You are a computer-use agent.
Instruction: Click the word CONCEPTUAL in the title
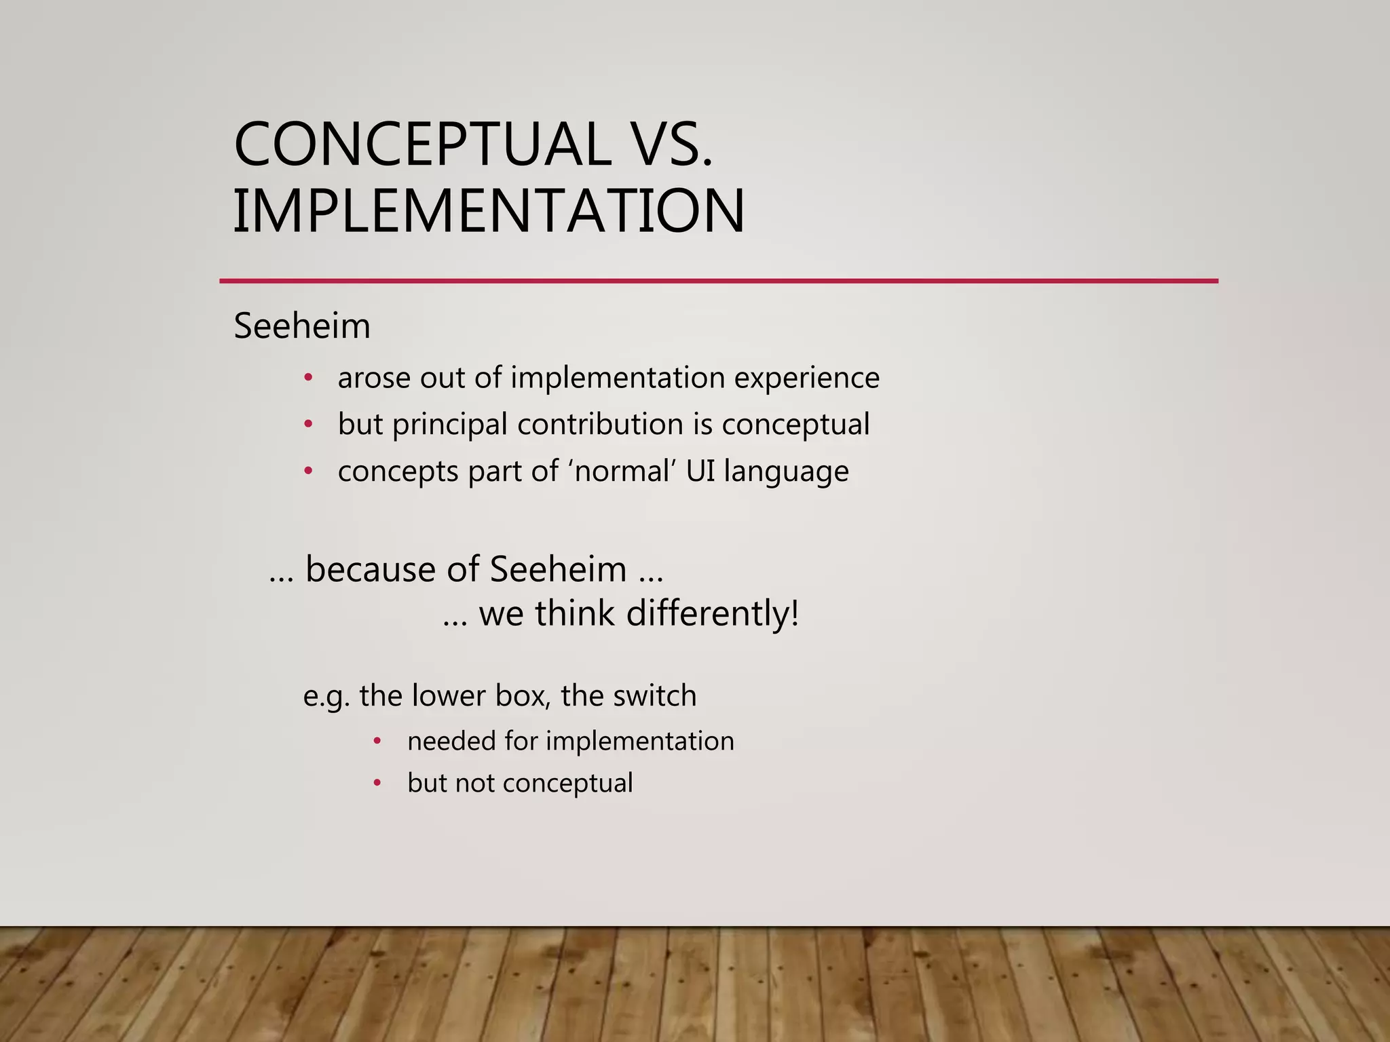pos(421,144)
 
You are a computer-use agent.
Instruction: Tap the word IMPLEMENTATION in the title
pos(489,212)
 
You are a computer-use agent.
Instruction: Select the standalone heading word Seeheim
pos(302,326)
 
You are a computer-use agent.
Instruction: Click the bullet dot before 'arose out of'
pos(308,378)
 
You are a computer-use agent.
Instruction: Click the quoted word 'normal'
pos(622,471)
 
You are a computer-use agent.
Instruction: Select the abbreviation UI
pos(700,471)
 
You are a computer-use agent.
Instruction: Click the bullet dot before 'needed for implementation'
pos(377,741)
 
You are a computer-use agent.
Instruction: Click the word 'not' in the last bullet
pos(474,784)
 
